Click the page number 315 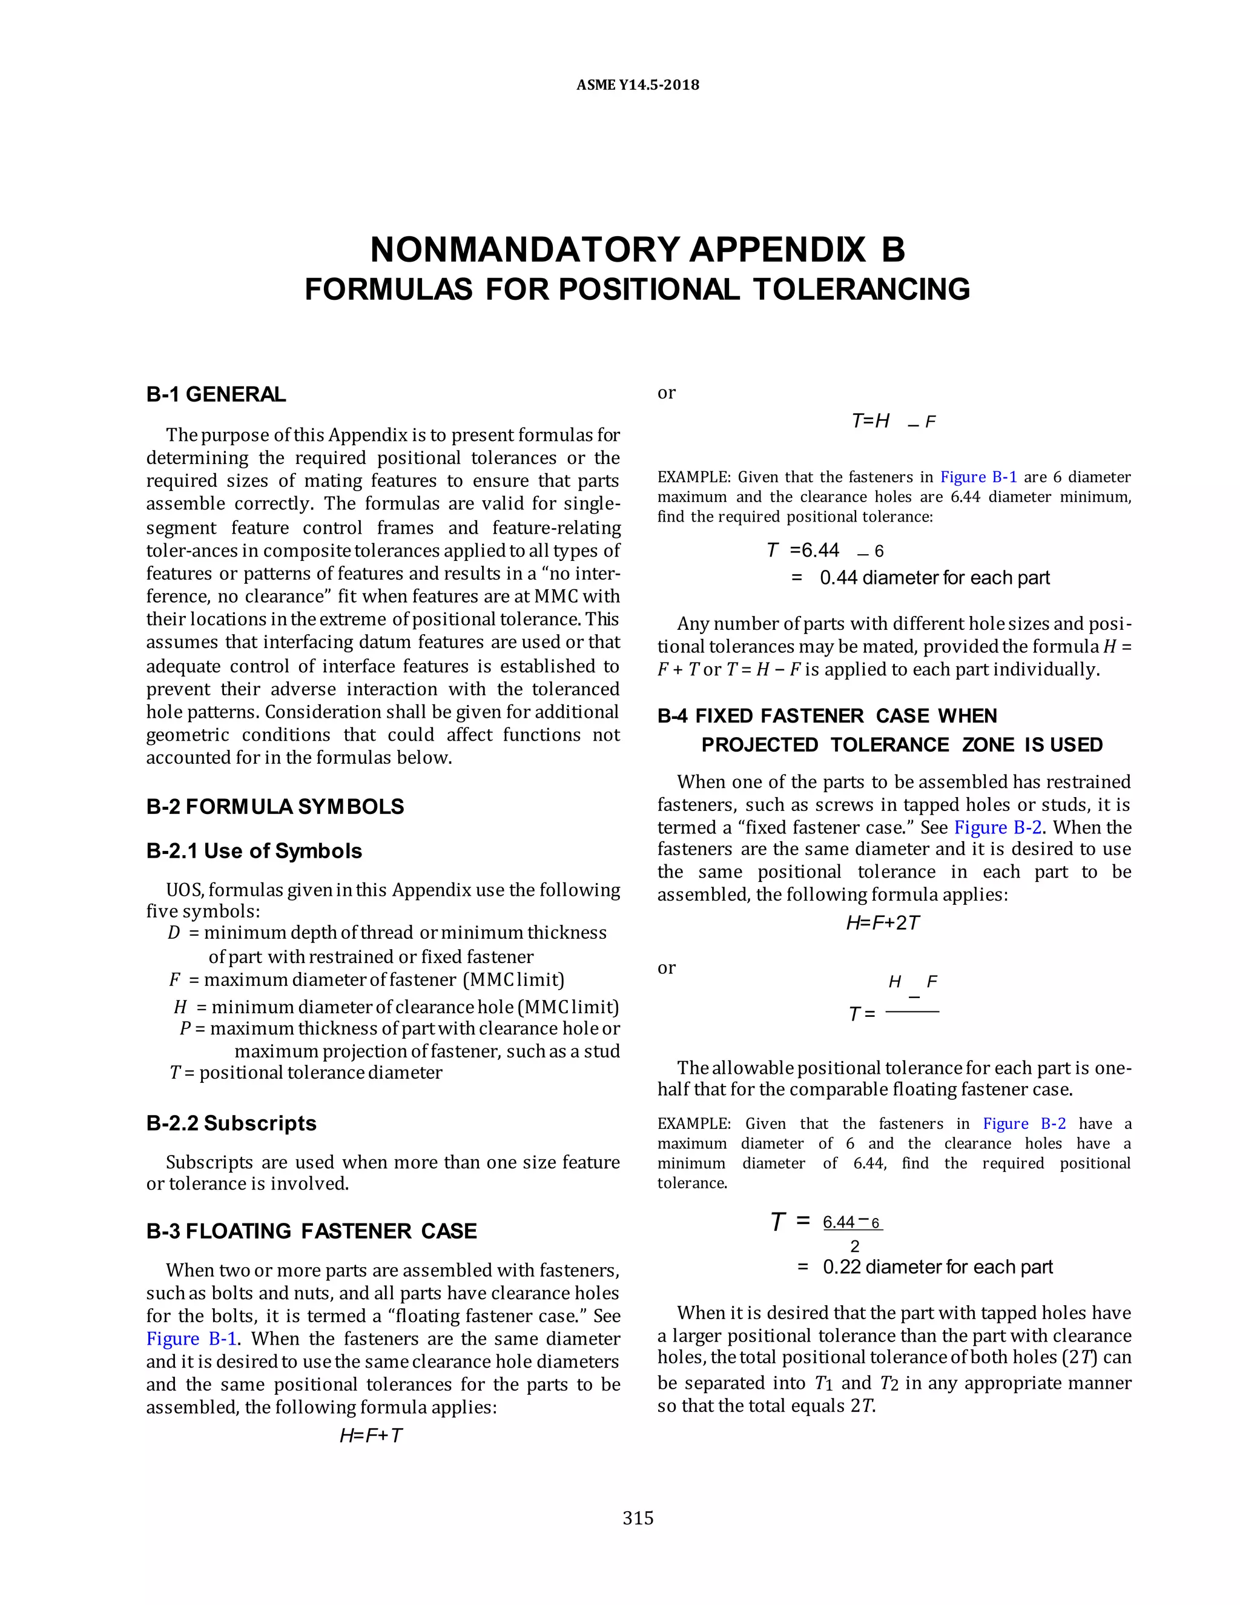click(638, 1518)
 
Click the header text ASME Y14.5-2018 click(638, 85)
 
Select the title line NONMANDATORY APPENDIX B click(638, 250)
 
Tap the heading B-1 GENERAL click(216, 395)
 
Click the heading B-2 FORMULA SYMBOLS click(275, 806)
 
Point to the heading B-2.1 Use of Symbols click(254, 851)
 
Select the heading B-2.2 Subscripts click(231, 1123)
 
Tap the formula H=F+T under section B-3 click(371, 1435)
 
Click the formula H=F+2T click(882, 923)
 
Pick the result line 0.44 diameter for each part click(934, 578)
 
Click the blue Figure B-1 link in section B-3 click(191, 1339)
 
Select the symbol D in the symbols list click(174, 933)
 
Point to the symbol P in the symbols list click(185, 1028)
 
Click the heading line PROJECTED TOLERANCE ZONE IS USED click(902, 744)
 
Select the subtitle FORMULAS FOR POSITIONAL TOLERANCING click(638, 289)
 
